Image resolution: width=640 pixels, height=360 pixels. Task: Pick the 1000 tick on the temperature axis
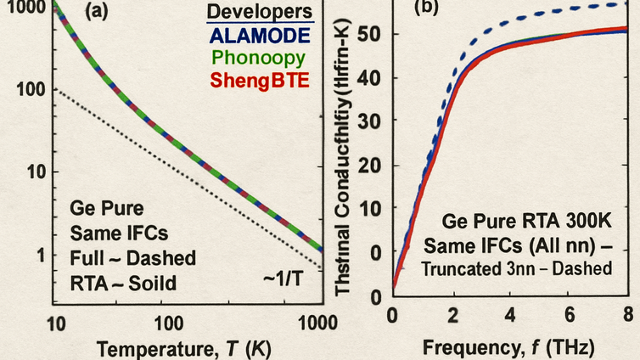click(x=320, y=323)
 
